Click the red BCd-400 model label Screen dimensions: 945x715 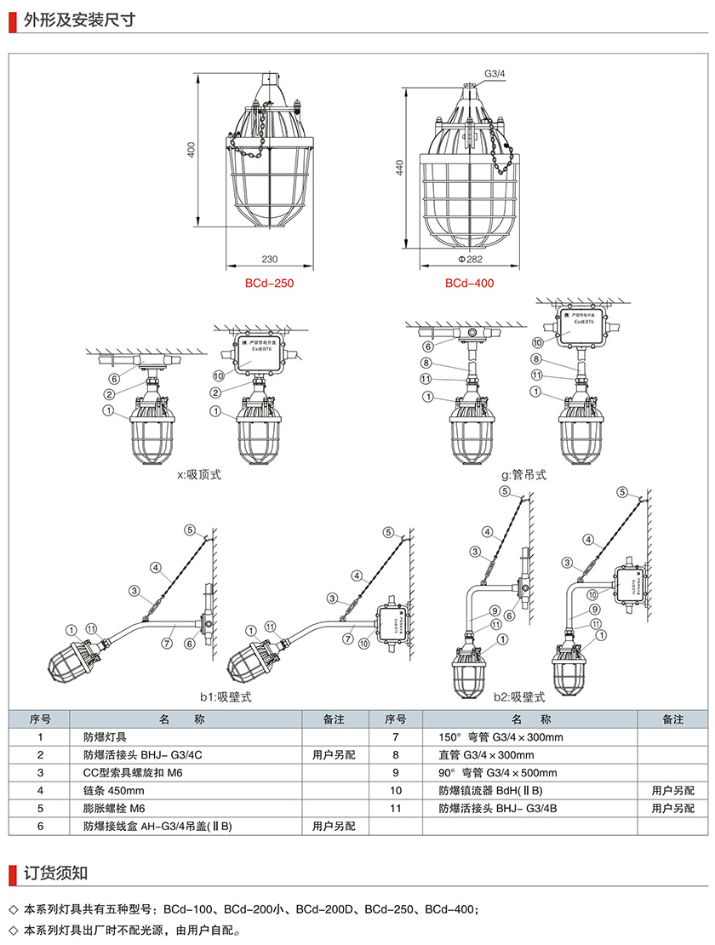(469, 283)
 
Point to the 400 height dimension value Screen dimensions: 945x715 (192, 150)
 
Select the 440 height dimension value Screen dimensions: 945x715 (400, 168)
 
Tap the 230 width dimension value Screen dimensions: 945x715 (270, 259)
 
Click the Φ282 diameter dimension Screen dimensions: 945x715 (469, 259)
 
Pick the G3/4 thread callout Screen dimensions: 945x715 (495, 75)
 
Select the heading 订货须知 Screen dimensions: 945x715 (55, 873)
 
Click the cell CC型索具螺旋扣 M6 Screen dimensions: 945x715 (134, 773)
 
